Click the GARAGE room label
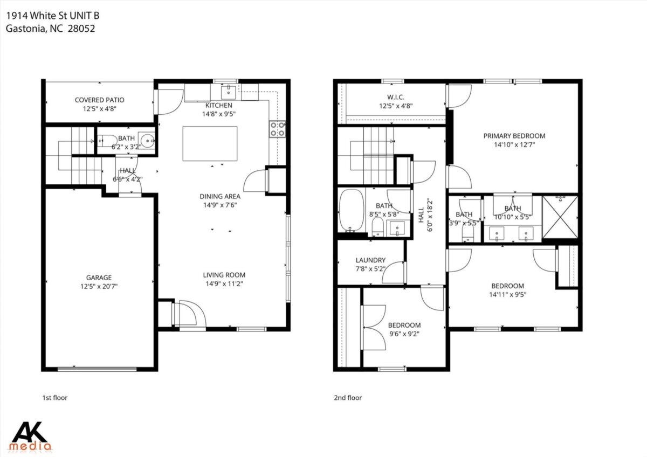coord(99,278)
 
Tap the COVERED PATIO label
coord(100,100)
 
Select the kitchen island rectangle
coord(210,143)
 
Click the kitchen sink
coord(229,92)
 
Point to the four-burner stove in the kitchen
coord(277,129)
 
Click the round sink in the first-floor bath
coord(148,141)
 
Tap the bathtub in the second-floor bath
coord(352,210)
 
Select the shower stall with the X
coord(560,217)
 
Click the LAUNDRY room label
coord(370,260)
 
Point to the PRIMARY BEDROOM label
coord(514,136)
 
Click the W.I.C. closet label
coord(396,97)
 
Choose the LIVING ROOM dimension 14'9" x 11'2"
coord(224,284)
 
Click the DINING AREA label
coord(220,196)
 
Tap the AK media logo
coord(30,436)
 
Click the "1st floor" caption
coord(55,398)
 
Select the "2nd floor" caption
coord(348,398)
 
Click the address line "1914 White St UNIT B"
coord(53,16)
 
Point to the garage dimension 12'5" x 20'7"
coord(99,286)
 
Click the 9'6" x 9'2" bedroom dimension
coord(404,334)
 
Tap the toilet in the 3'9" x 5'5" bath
coord(468,232)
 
